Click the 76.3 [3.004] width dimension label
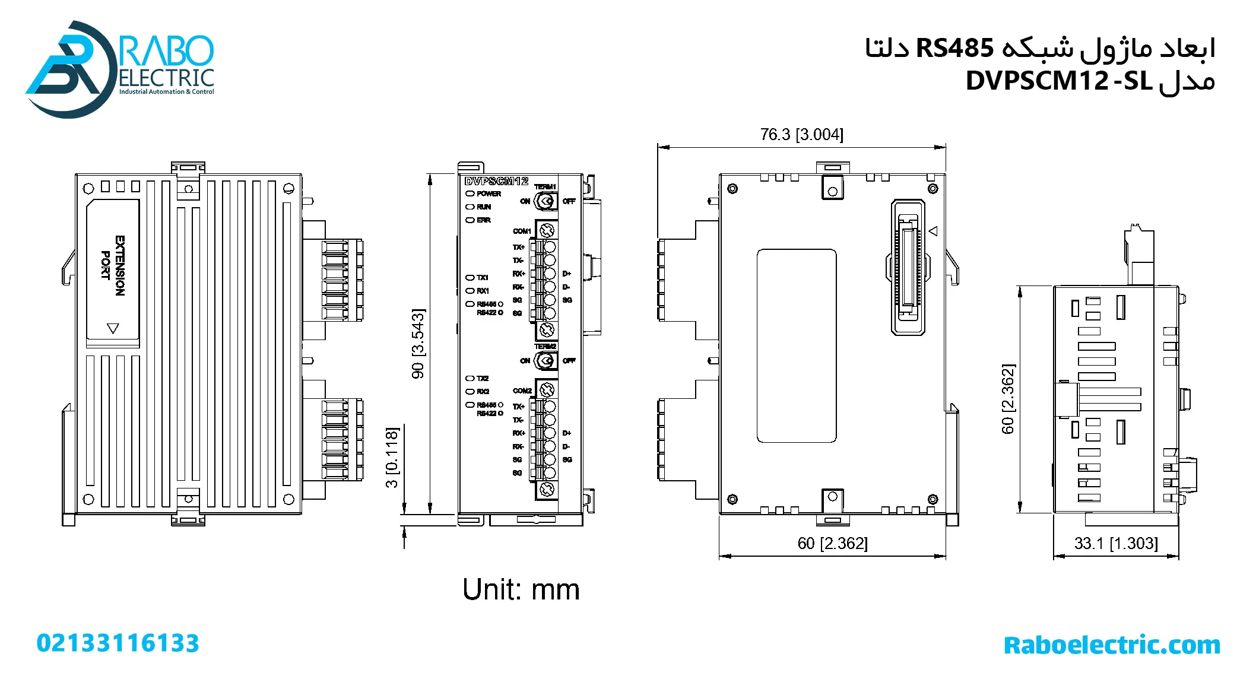pos(801,135)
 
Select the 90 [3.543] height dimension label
pos(418,344)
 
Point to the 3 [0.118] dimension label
pos(392,457)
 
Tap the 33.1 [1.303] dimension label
pos(1115,543)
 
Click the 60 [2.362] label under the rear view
pos(832,543)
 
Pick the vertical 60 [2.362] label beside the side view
pos(1008,399)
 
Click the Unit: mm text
pos(521,589)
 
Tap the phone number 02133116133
pos(118,643)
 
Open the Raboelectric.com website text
pos(1111,645)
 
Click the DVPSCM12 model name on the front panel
pos(496,181)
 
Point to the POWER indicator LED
pos(470,193)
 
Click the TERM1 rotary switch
pos(545,201)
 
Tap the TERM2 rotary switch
pos(545,360)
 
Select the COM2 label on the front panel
pos(522,391)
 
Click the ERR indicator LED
pos(470,220)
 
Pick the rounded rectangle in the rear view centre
pos(797,345)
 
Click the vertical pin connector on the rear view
pos(908,267)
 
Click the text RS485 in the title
pos(954,48)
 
